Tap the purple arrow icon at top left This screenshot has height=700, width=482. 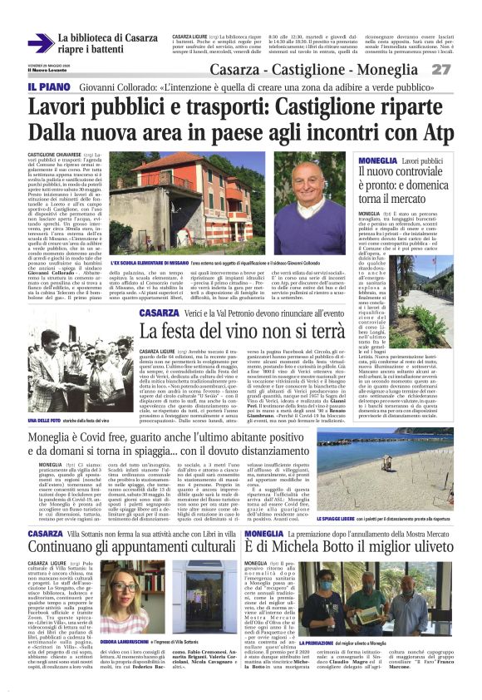[41, 43]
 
